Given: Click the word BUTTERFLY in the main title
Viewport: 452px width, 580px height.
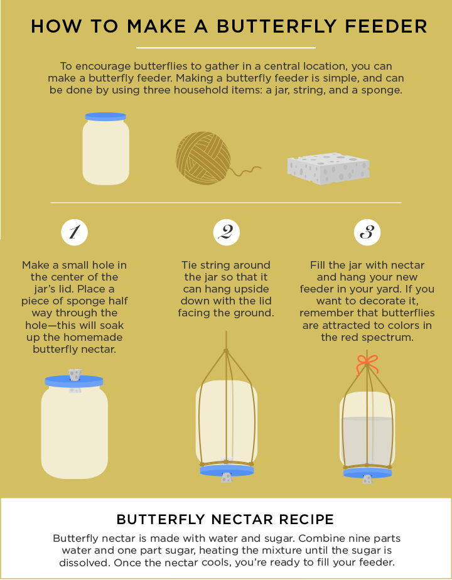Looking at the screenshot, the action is coord(276,26).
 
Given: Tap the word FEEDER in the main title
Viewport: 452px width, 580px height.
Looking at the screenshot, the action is coord(386,26).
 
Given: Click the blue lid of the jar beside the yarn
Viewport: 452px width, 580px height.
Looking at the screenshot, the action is coord(105,117).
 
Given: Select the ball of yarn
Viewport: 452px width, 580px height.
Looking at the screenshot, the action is coord(203,158).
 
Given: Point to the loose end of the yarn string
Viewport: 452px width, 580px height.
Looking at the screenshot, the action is coord(260,168).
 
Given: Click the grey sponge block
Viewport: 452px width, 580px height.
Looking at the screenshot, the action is coord(328,168).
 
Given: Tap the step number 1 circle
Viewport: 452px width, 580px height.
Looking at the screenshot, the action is coord(74,233).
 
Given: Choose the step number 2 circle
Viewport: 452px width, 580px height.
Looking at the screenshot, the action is coord(227,233).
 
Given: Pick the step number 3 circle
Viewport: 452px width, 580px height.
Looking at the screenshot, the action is coord(367,233).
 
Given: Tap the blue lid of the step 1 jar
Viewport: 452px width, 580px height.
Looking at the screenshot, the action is coord(74,382).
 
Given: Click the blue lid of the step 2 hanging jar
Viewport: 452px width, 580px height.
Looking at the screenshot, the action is coord(227,471).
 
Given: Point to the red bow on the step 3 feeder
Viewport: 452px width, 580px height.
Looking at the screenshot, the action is coord(367,364).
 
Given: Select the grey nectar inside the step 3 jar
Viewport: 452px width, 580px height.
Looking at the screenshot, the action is coord(367,441).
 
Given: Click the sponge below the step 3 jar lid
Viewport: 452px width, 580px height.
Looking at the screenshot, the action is coord(367,480).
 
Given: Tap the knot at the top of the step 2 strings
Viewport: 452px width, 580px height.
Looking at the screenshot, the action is coord(226,351).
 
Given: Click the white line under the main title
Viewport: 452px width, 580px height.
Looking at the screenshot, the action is coord(225,48).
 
